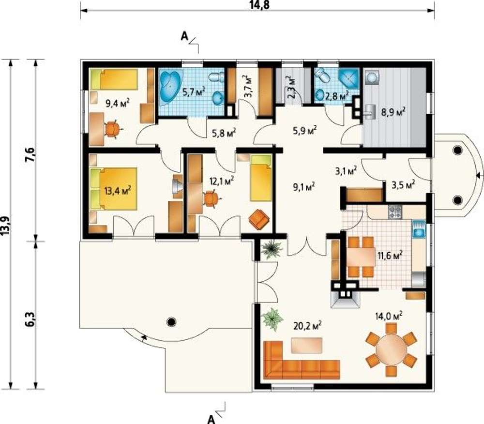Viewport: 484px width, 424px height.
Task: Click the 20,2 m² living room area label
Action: point(307,326)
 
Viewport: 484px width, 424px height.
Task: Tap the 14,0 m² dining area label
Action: point(389,316)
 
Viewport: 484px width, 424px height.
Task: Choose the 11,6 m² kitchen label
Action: point(390,256)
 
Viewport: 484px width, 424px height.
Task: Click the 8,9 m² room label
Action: point(393,112)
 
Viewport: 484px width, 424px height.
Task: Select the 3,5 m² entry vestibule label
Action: point(403,185)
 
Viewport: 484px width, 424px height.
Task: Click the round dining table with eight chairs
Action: point(392,349)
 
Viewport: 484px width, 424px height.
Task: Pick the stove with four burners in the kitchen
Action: point(395,212)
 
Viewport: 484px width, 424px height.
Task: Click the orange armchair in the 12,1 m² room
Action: point(259,219)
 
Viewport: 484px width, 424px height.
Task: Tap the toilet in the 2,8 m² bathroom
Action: point(322,76)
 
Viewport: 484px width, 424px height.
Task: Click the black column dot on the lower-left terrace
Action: point(171,322)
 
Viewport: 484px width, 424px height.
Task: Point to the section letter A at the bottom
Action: point(211,419)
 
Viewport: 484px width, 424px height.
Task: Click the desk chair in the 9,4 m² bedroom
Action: point(112,129)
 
